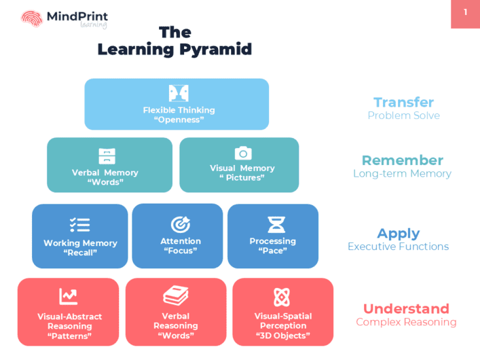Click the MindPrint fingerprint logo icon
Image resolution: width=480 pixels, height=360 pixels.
[x=31, y=19]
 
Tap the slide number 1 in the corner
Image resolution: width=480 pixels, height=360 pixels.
[x=466, y=12]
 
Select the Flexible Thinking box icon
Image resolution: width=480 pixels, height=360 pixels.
[x=179, y=93]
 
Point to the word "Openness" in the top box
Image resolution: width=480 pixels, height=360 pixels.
[x=179, y=120]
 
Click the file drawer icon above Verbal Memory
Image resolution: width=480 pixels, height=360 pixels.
[x=107, y=156]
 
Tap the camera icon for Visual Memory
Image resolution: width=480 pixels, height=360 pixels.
[x=243, y=153]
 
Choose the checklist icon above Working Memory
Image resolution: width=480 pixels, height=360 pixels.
[x=80, y=225]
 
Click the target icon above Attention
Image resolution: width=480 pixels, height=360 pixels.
[x=180, y=225]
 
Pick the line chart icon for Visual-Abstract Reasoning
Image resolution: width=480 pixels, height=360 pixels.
[x=69, y=297]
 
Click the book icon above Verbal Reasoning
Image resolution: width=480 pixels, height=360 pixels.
[x=175, y=297]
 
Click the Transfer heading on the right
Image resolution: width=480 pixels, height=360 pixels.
[x=403, y=102]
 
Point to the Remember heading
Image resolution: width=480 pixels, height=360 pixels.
[x=402, y=160]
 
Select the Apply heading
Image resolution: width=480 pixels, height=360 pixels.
[x=398, y=234]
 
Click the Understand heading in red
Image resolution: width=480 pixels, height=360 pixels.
[x=406, y=309]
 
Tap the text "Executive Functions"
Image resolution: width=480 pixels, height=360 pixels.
[x=398, y=247]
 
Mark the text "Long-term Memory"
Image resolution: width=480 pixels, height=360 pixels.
[x=402, y=173]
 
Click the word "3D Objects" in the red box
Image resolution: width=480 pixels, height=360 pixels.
[x=283, y=336]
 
